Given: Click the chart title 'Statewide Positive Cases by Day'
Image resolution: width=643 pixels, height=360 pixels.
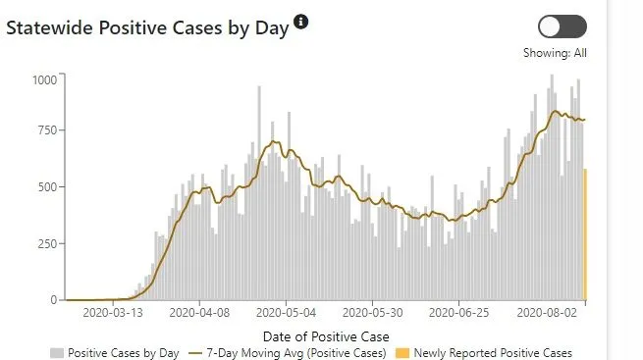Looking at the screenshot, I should click(x=147, y=28).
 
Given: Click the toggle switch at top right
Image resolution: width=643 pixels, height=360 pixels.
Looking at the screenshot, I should click(x=563, y=26).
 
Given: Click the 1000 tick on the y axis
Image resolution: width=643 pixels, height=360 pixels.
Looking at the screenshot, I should click(x=44, y=79).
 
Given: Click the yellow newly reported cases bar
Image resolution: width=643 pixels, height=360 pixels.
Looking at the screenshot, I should click(x=585, y=235).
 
